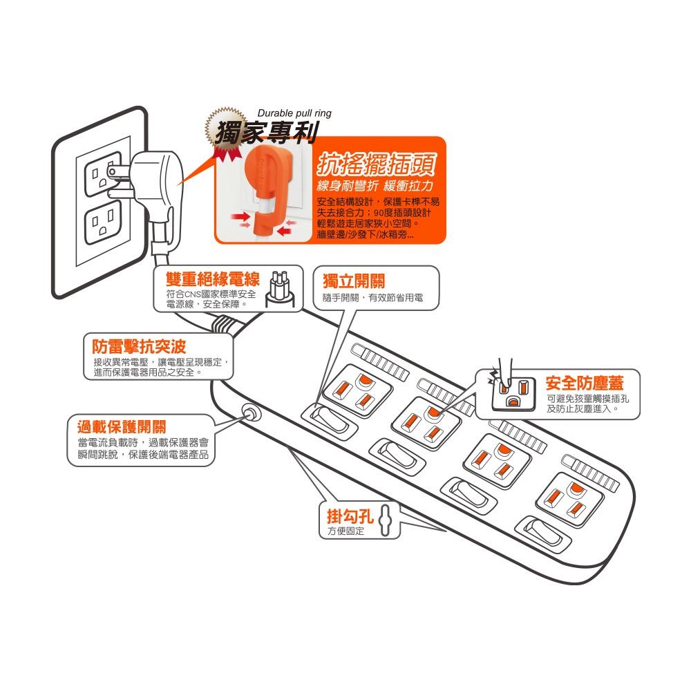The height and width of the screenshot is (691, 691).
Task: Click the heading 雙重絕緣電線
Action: click(x=213, y=279)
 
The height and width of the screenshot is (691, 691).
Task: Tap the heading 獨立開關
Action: click(x=354, y=281)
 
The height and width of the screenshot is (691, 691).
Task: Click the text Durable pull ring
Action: click(x=294, y=113)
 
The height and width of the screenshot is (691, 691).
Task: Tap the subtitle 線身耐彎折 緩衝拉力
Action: click(x=374, y=187)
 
